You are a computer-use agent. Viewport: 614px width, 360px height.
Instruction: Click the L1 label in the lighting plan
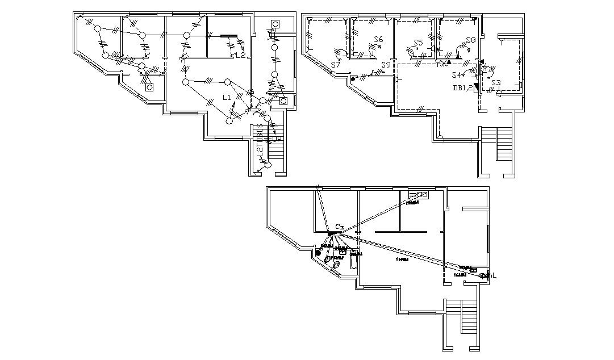227,98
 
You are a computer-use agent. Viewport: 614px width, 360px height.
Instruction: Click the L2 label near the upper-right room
241,55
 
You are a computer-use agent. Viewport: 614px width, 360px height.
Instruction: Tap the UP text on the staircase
277,139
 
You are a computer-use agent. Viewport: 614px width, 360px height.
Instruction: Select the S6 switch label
378,39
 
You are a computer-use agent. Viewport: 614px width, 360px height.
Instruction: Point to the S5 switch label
418,43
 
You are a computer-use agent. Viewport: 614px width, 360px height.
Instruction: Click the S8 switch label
470,40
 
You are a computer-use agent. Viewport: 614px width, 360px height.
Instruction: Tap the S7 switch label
335,65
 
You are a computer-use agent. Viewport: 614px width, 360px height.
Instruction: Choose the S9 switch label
386,65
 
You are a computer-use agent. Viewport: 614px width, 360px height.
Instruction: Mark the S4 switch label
456,75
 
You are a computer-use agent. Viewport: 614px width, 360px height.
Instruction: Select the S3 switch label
496,83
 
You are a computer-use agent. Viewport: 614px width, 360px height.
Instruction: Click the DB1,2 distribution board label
462,87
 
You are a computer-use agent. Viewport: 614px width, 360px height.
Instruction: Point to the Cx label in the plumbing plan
339,227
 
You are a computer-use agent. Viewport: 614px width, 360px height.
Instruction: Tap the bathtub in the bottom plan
354,260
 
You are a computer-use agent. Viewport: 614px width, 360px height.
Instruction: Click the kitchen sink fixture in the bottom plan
421,194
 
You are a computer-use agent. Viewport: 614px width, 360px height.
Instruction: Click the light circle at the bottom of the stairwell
269,165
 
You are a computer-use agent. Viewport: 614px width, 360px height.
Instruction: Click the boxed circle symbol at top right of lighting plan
275,24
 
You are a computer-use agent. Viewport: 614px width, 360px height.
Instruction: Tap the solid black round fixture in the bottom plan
318,252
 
